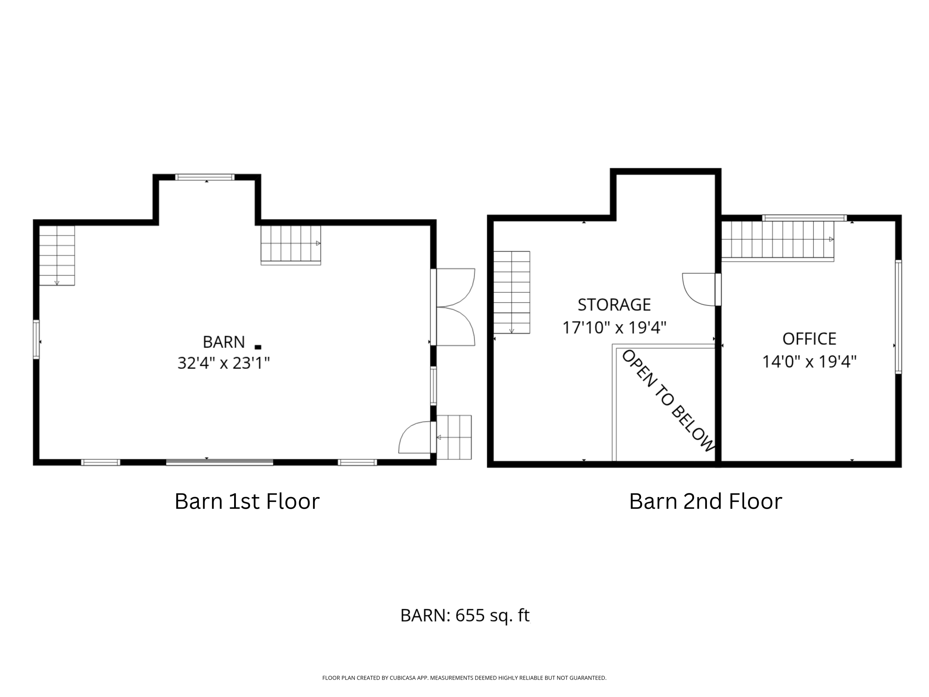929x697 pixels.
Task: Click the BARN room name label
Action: click(x=224, y=342)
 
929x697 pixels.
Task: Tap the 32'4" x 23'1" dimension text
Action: click(x=224, y=362)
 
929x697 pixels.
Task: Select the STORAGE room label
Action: click(x=614, y=305)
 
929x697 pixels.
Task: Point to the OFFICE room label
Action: click(x=809, y=339)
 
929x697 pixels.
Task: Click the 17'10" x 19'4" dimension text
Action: click(x=614, y=327)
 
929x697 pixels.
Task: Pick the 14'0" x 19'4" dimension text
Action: click(x=809, y=361)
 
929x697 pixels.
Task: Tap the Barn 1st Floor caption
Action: click(x=247, y=501)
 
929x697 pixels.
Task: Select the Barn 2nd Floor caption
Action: click(x=705, y=501)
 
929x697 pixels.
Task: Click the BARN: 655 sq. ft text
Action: click(x=465, y=616)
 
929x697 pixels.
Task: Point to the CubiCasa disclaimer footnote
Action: click(x=464, y=678)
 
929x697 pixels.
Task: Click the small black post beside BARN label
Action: click(x=258, y=347)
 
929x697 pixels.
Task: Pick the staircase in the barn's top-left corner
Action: click(x=57, y=256)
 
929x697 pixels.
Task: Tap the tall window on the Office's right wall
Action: click(x=898, y=317)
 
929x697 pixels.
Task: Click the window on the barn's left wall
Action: click(x=37, y=340)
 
